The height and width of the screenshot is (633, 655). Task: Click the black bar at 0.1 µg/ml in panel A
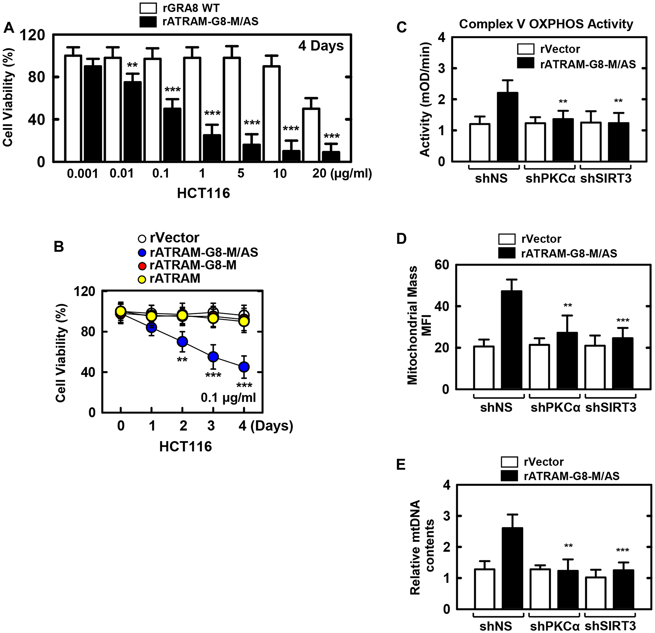coord(172,135)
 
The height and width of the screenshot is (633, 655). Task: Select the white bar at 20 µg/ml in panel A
coord(311,135)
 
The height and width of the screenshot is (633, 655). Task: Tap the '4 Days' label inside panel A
coord(321,46)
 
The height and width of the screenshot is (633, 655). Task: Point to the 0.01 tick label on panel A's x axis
coord(122,174)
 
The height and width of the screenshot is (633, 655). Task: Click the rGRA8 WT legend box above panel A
coord(148,8)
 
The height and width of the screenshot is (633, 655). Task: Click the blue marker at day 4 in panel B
coord(244,367)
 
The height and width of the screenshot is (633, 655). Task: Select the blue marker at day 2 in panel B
coord(182,342)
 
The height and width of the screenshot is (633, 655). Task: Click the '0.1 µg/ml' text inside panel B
coord(228,398)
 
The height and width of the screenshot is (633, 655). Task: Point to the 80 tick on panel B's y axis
coord(88,332)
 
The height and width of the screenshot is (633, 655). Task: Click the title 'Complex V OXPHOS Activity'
coord(546,24)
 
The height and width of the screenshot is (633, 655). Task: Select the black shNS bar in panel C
coord(507,127)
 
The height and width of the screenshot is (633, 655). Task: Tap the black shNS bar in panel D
coord(511,340)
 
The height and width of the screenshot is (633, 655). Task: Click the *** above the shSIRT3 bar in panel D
coord(623,321)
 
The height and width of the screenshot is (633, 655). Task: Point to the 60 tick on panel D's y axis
coord(442,265)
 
